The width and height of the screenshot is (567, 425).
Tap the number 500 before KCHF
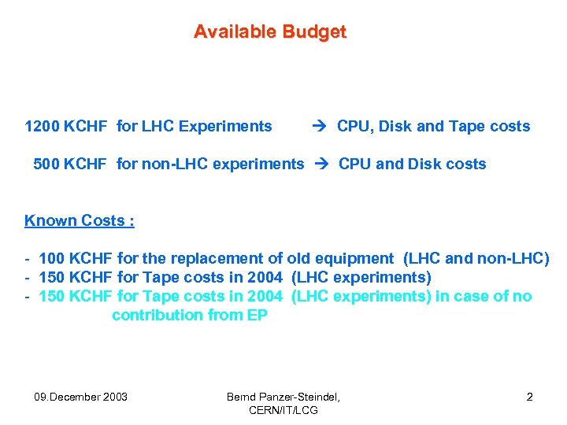tap(46, 164)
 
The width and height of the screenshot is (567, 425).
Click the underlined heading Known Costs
tap(79, 220)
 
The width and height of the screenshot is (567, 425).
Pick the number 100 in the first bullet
tap(51, 258)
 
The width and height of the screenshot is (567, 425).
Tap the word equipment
tap(354, 258)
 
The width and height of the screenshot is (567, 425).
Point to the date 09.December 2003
tap(81, 397)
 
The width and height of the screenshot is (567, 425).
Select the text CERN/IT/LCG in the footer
tap(283, 410)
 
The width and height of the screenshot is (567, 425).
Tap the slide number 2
tap(529, 397)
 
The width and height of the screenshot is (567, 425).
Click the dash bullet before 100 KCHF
tap(28, 258)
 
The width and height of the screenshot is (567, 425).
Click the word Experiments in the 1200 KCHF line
tap(225, 126)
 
